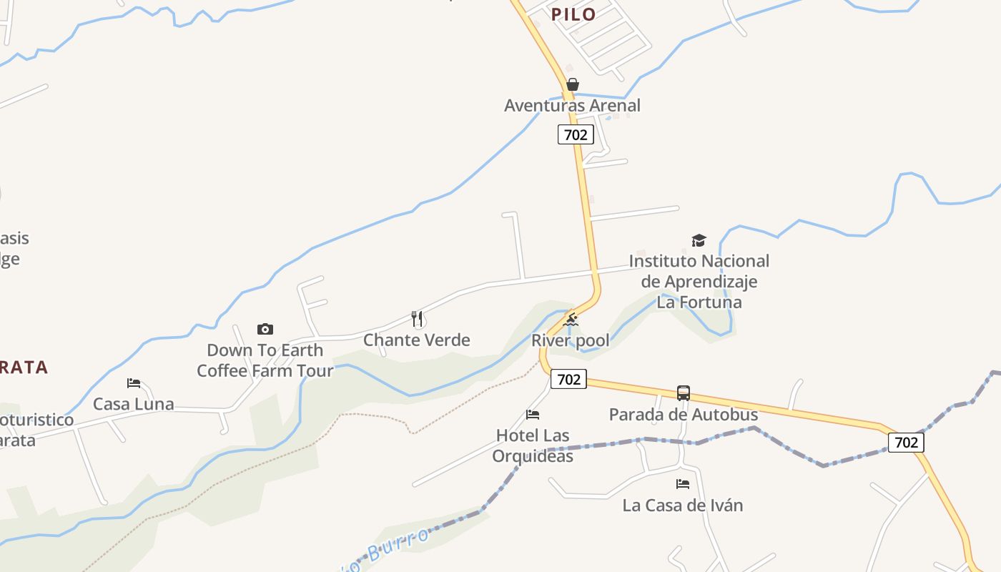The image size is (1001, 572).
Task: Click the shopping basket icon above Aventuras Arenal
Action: pos(572,84)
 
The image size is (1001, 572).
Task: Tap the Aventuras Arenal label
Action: pos(572,106)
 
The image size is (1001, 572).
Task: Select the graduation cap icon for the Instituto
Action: pos(699,240)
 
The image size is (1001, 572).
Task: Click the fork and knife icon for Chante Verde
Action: pos(417,318)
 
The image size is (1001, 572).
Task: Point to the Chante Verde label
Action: pos(417,340)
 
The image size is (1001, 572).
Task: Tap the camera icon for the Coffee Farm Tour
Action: pos(265,329)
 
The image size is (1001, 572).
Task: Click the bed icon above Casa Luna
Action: pos(134,383)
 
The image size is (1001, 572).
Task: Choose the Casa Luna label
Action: pos(134,404)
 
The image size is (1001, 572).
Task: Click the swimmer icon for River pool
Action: pos(571,320)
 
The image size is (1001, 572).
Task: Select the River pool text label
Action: pos(571,341)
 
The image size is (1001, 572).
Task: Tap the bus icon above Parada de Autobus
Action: pos(684,393)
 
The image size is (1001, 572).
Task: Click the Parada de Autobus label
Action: pos(684,414)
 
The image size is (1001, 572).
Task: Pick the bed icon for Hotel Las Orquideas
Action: pos(533,415)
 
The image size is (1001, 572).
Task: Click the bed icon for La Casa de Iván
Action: pos(683,484)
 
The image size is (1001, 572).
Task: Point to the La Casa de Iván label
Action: pos(683,506)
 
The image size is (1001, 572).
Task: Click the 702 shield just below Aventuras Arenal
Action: pos(576,134)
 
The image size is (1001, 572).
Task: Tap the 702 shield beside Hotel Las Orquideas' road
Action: pos(568,379)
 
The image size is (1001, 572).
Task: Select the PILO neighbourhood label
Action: pos(573,14)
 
